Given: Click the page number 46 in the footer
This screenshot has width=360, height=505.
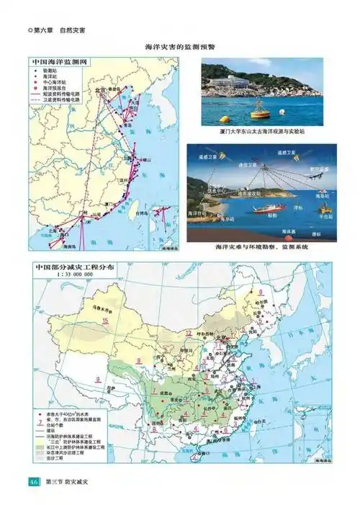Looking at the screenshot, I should click(34, 481).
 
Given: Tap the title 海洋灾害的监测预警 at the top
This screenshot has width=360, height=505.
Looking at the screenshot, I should click(180, 46).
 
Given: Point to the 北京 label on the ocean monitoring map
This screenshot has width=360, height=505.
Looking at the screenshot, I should click(99, 90).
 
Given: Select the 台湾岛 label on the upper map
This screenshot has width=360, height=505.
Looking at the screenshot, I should click(141, 214).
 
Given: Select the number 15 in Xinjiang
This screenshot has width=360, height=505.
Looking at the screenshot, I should click(105, 320).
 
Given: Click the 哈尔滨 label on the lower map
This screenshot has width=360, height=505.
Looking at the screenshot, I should click(271, 305).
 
